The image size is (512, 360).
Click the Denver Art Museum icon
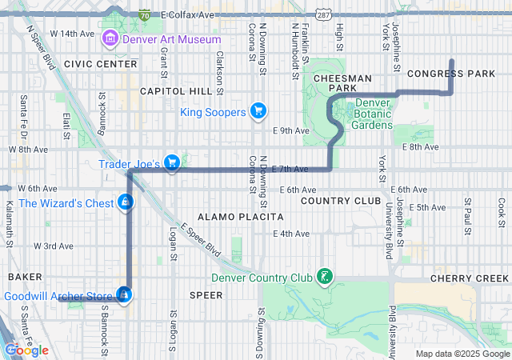[x=110, y=39]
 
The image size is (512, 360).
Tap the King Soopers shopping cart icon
[x=258, y=111]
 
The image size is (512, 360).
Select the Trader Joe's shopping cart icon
[x=171, y=163]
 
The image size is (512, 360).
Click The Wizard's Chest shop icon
[x=125, y=203]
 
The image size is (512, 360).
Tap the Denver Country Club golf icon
[x=324, y=278]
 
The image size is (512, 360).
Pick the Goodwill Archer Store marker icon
[x=124, y=296]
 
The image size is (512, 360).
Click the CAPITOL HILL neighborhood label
[x=173, y=91]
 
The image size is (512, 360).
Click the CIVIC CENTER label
[x=101, y=63]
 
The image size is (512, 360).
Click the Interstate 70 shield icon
[x=144, y=14]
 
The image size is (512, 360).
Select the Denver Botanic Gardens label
[x=374, y=114]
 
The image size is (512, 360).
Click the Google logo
[x=26, y=350]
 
